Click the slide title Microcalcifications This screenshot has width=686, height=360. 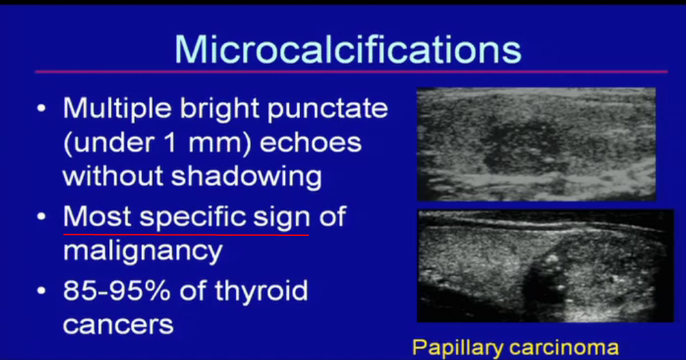348,49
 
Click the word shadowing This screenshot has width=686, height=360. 246,176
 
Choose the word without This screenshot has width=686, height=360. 113,176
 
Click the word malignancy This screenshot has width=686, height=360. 143,252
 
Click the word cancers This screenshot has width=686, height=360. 118,324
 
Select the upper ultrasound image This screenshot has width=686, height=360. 536,143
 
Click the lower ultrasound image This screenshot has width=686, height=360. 544,265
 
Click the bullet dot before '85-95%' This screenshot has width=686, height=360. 43,292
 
